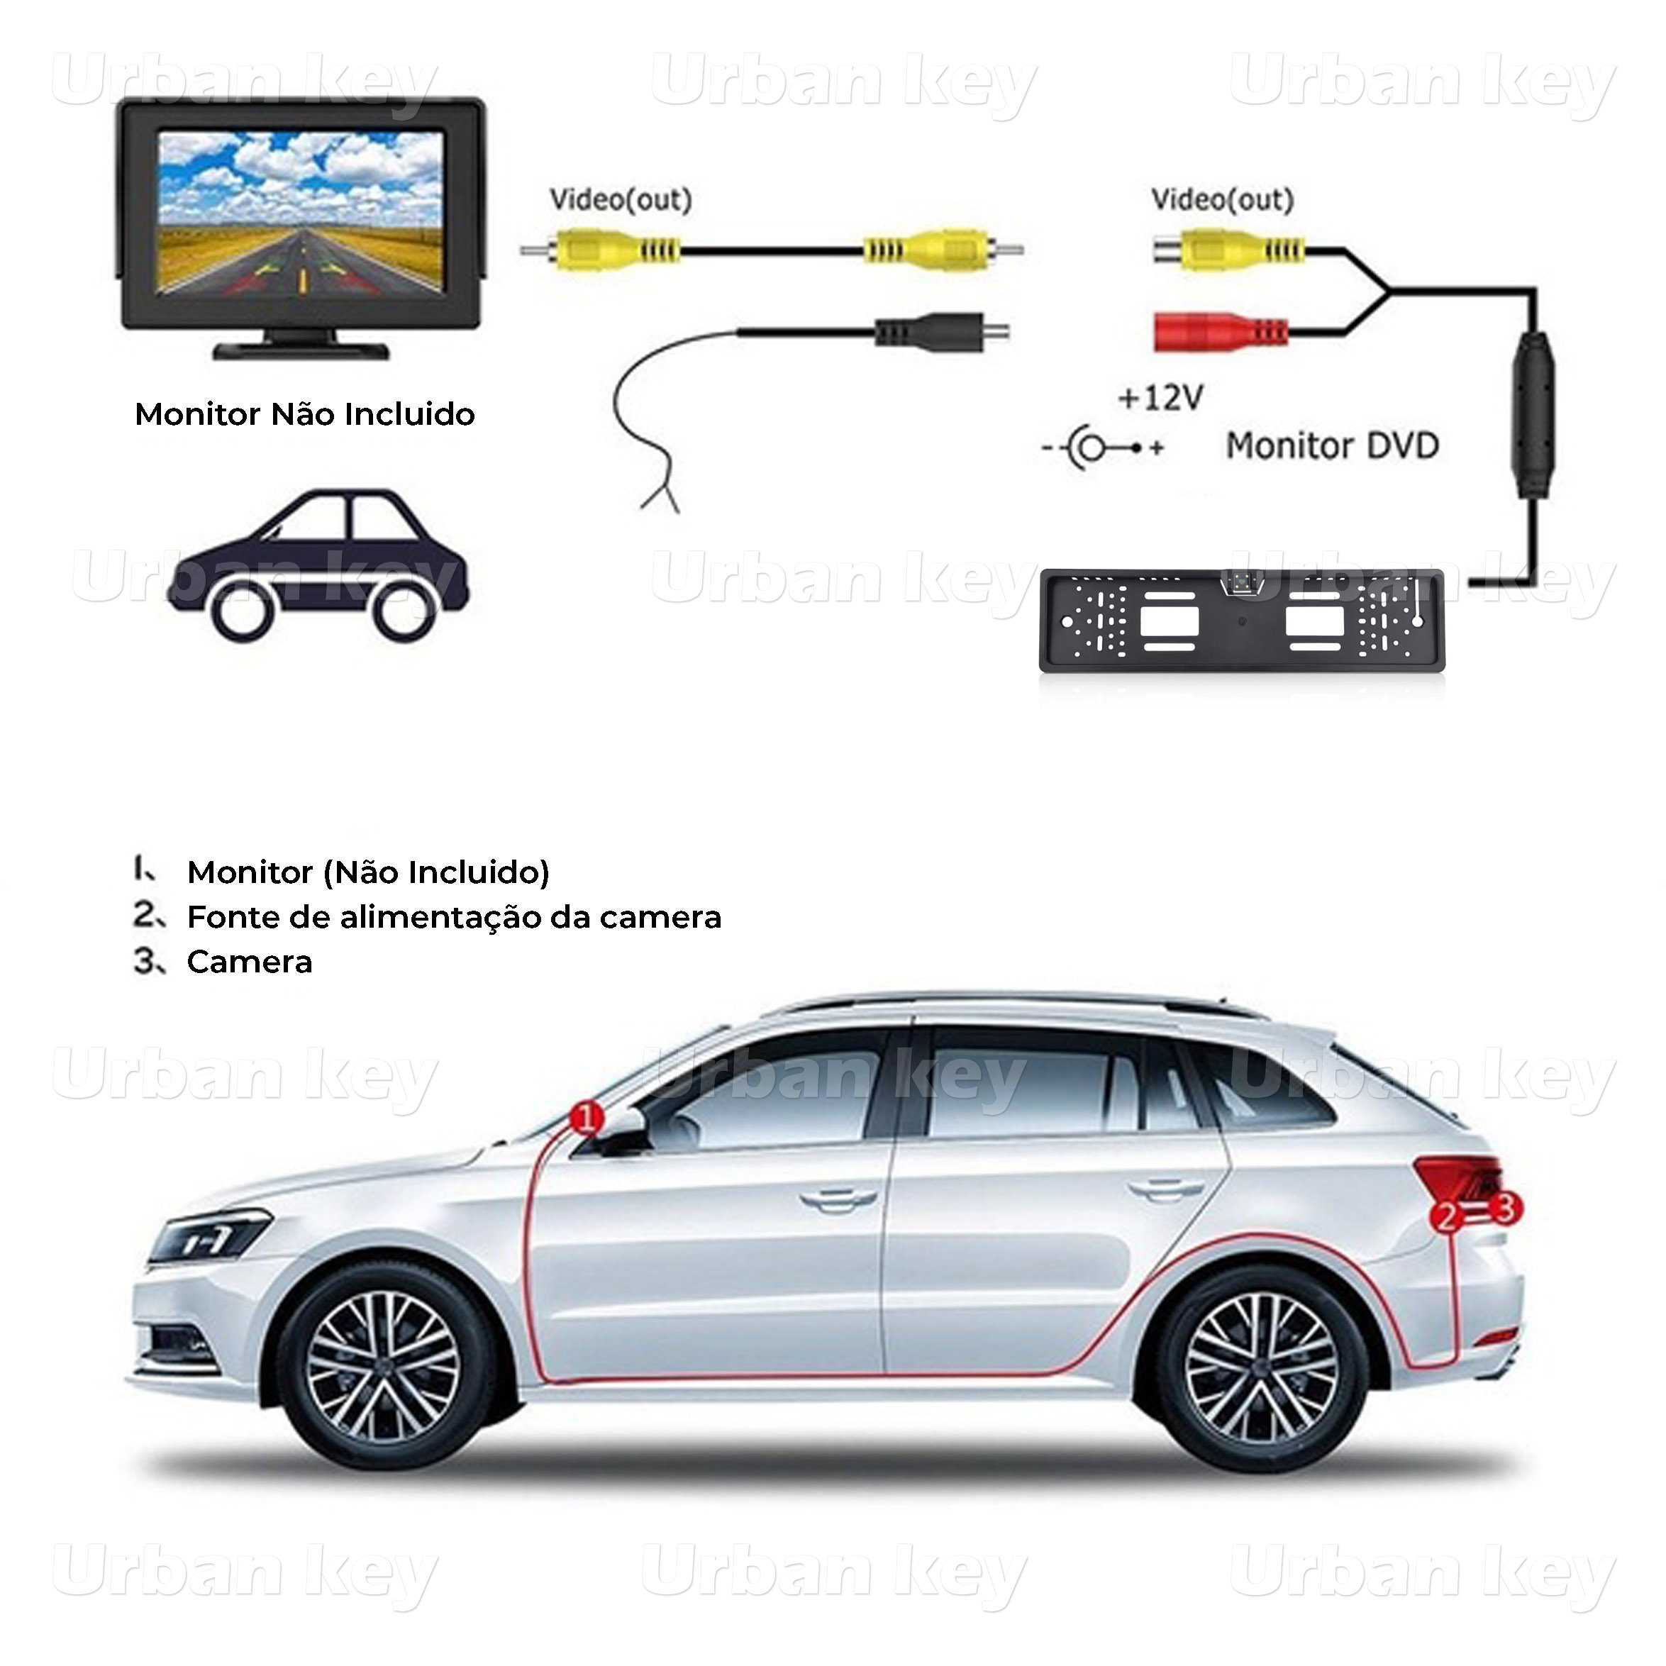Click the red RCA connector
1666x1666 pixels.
(1220, 332)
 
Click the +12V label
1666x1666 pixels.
(1160, 398)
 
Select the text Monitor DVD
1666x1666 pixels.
(1332, 446)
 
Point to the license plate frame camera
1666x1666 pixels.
(1242, 621)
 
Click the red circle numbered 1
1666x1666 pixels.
(587, 1119)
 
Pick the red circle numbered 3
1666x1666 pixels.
(1505, 1208)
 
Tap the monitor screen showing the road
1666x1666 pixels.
(302, 212)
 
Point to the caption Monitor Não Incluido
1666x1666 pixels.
(304, 415)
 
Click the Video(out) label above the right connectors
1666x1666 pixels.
(1222, 200)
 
